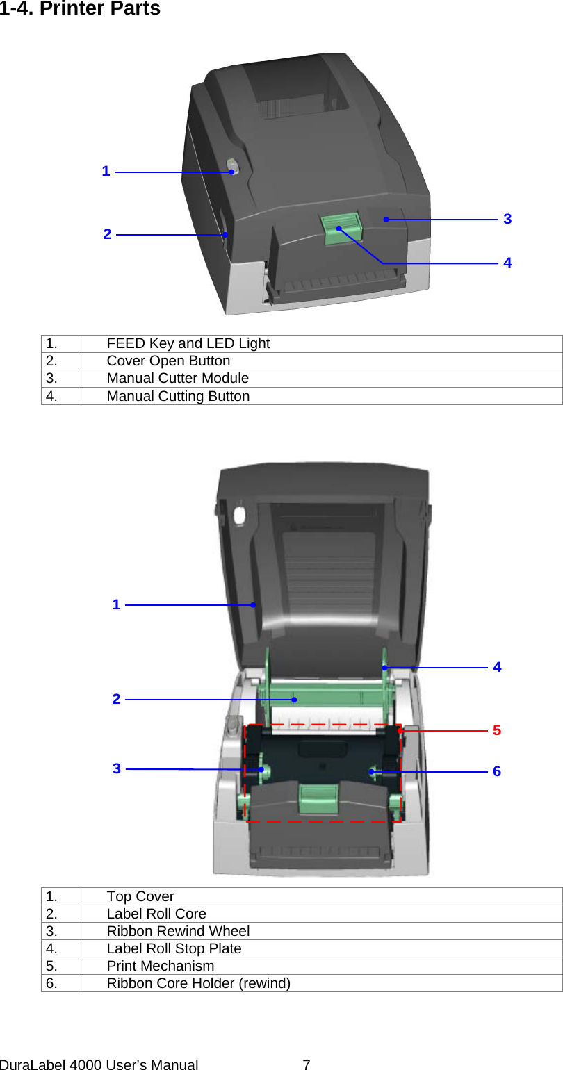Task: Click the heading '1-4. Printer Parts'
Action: [x=80, y=9]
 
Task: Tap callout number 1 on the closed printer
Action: [x=106, y=171]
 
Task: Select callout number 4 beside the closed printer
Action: [x=507, y=263]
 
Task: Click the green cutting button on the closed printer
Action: [x=341, y=229]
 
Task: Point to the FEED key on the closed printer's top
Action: [x=231, y=167]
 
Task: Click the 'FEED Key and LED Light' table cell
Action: [x=188, y=343]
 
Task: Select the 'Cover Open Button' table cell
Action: [x=168, y=361]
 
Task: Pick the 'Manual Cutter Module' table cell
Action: [x=177, y=378]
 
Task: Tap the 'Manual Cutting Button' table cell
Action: [x=178, y=396]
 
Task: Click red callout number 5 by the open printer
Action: [x=496, y=730]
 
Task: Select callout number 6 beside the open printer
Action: [x=496, y=771]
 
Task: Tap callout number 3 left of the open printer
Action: [x=117, y=768]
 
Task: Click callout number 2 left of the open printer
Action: [x=116, y=699]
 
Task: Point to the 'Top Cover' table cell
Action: [x=140, y=896]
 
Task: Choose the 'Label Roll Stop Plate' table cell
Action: [x=174, y=948]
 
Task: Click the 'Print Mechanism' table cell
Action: [x=161, y=966]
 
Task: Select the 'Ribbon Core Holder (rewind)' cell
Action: [x=198, y=983]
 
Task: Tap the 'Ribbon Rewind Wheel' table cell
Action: [x=178, y=931]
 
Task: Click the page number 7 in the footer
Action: [x=307, y=1064]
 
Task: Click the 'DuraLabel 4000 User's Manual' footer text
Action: [x=99, y=1064]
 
